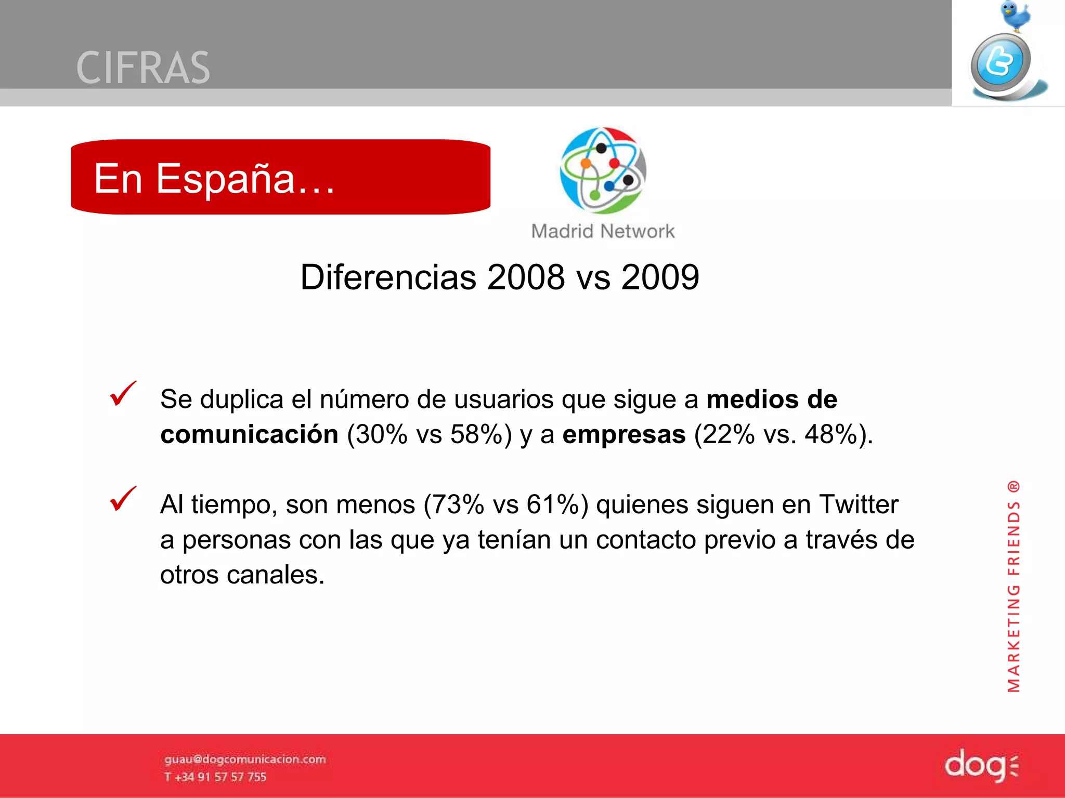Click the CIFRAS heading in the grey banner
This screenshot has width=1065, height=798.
point(143,68)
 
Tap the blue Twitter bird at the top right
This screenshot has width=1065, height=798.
point(1015,16)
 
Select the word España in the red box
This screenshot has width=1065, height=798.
point(225,178)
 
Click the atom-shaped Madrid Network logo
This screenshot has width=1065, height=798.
point(603,170)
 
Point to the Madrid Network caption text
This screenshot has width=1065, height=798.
point(603,231)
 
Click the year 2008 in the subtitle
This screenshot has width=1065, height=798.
point(526,277)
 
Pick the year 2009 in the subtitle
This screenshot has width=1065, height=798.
point(660,277)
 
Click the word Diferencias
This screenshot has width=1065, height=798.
point(388,277)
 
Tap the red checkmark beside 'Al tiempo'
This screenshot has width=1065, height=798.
point(123,499)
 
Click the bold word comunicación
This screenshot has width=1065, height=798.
point(249,434)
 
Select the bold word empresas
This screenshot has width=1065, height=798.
point(624,434)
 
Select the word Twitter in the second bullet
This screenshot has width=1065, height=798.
point(859,504)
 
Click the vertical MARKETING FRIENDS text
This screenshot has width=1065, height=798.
point(1014,587)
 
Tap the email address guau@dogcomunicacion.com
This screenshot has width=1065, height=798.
point(245,760)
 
